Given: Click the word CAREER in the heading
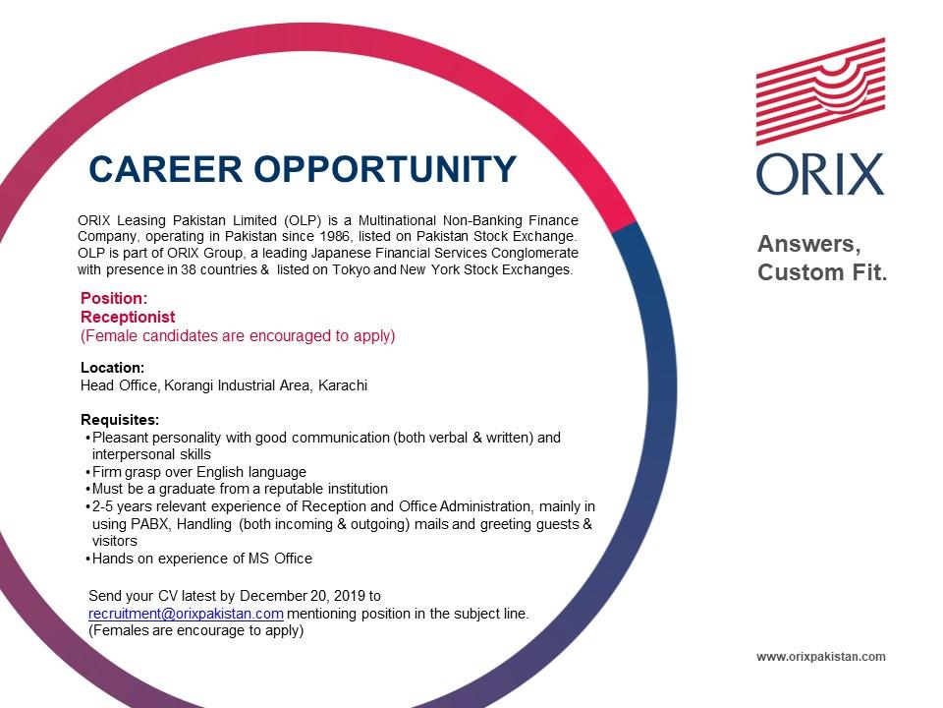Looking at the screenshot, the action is click(x=165, y=168).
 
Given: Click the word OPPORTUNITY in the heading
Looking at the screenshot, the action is click(x=385, y=168).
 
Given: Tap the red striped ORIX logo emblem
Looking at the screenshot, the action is click(x=820, y=91).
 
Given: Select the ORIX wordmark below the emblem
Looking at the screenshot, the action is click(x=820, y=175).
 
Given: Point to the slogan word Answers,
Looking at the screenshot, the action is click(x=809, y=245).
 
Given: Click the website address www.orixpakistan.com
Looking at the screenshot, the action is click(x=821, y=656).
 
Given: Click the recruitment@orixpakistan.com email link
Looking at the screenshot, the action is click(x=186, y=614).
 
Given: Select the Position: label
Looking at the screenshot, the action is click(x=114, y=298).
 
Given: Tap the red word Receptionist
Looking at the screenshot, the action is click(x=128, y=317).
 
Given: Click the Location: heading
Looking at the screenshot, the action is click(x=112, y=367).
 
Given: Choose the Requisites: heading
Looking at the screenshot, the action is click(x=120, y=420).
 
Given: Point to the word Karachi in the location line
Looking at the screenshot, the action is click(x=343, y=385).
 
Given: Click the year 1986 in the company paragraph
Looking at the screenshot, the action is click(x=334, y=236).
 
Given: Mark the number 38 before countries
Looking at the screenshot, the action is click(x=189, y=269).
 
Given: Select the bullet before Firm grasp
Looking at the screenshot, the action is click(x=88, y=473).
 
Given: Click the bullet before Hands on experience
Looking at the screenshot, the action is click(x=88, y=560).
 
